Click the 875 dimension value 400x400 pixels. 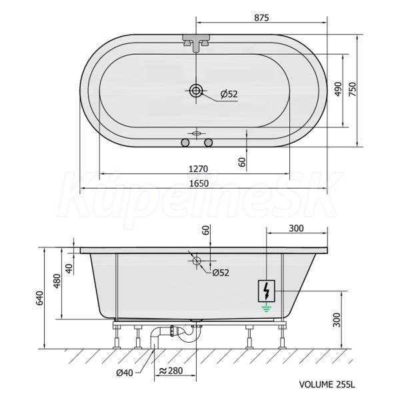click(x=261, y=17)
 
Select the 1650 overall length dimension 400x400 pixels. click(x=199, y=183)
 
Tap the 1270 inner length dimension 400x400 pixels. click(x=199, y=169)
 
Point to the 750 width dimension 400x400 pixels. click(x=352, y=89)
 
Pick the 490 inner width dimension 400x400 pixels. click(x=338, y=89)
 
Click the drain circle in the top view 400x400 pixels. click(x=196, y=90)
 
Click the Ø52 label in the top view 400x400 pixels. click(x=229, y=94)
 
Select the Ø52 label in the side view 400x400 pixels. click(x=221, y=273)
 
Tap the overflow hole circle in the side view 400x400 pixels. click(x=197, y=261)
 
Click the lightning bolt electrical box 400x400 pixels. click(x=267, y=291)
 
